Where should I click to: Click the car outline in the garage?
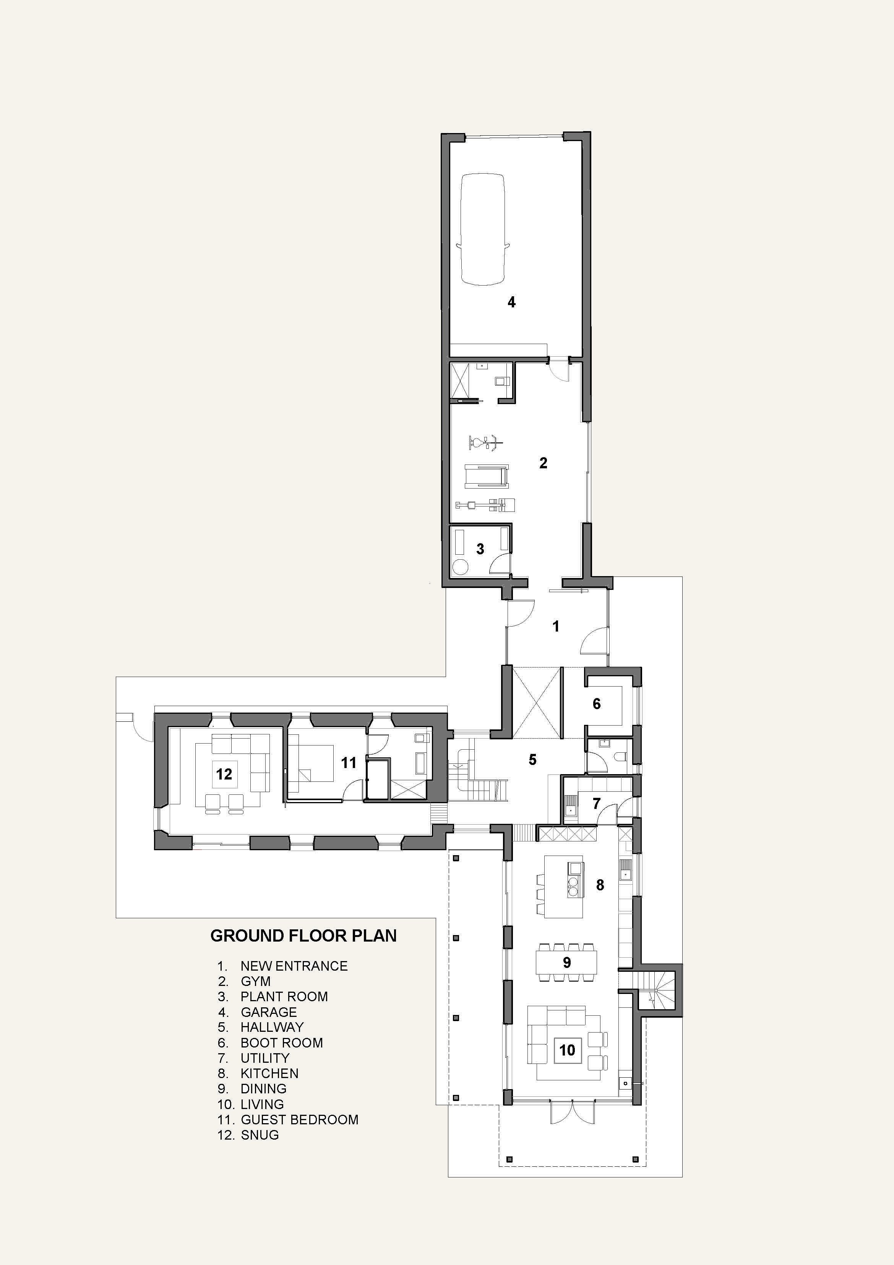(x=482, y=229)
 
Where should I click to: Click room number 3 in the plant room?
(x=480, y=549)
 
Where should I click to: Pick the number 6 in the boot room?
(x=597, y=703)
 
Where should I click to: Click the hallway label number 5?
(x=532, y=760)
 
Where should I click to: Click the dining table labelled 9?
(x=567, y=963)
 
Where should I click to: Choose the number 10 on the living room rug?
(x=567, y=1050)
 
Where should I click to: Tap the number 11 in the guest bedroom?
(x=349, y=763)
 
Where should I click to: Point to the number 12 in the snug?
(x=224, y=774)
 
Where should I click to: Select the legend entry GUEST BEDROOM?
(x=299, y=1120)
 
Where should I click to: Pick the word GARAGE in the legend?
(x=268, y=1012)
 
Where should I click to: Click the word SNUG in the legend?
(x=260, y=1135)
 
